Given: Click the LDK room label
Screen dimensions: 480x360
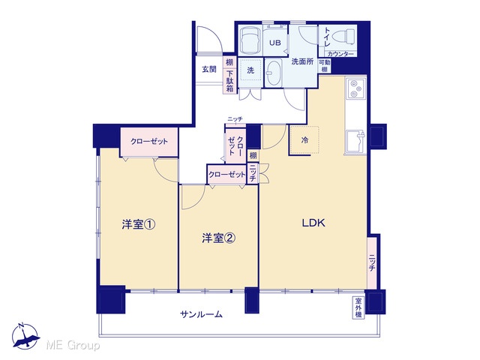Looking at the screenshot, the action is coord(313,223).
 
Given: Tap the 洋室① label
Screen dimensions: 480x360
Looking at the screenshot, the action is coord(138,225).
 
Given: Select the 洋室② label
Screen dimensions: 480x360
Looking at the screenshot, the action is coord(218,238).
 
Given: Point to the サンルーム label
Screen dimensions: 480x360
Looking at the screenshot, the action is coord(201,314).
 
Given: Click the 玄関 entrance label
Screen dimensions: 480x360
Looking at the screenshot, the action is coord(209,69).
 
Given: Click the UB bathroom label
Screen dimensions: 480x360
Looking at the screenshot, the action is coord(275,43).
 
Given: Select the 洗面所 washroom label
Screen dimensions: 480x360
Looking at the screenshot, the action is coord(302,61).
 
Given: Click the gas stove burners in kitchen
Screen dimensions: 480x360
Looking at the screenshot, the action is coord(355,88).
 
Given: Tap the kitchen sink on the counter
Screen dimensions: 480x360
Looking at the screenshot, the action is coord(355,142).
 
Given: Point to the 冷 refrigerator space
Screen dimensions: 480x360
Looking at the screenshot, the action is coord(304,140).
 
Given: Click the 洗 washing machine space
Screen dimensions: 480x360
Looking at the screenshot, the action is coord(250,70).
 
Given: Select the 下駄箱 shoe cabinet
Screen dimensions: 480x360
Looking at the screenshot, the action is coord(230,81).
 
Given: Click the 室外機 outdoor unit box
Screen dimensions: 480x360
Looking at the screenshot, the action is coord(358,307).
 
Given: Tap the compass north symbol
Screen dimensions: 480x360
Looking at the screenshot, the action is coord(25,336).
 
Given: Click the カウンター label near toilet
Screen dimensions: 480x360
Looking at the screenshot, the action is coord(340,54).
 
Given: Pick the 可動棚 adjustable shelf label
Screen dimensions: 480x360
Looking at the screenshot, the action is coord(325,66).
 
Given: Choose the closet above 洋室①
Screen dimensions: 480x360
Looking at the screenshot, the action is coord(149,142).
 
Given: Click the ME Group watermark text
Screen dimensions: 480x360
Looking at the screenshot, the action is coord(73,345).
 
